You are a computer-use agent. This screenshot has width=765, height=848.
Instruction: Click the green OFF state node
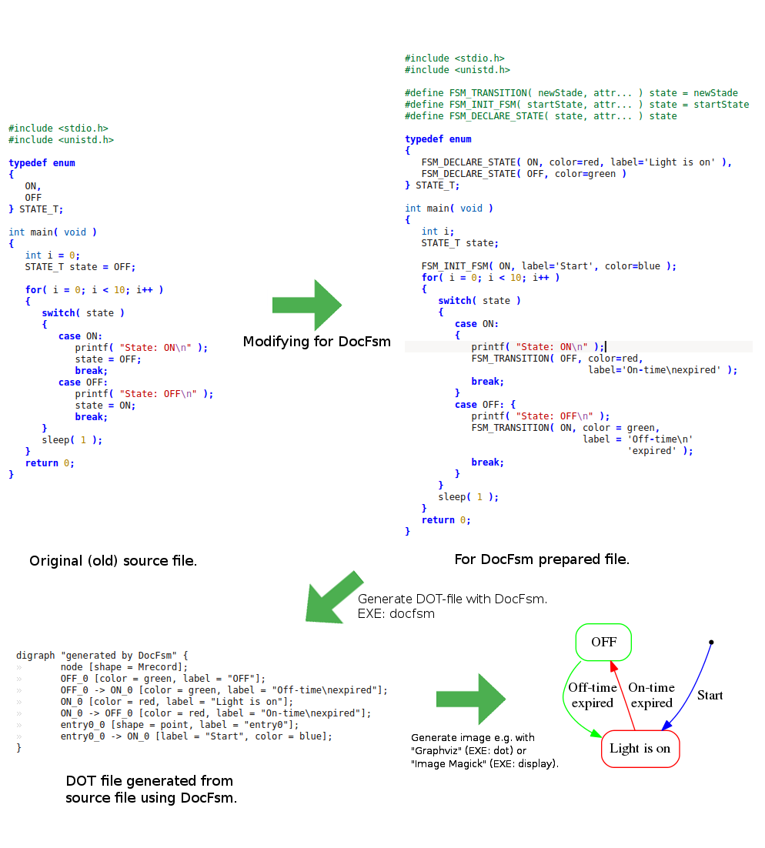tap(603, 642)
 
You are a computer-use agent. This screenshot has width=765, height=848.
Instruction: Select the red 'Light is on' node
tap(640, 748)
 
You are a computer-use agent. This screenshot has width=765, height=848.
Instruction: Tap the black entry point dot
tap(711, 642)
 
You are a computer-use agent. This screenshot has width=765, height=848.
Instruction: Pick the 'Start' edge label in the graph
tap(710, 695)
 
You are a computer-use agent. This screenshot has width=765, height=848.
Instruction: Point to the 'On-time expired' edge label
tap(651, 695)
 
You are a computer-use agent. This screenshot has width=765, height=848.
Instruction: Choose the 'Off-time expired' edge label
tap(592, 695)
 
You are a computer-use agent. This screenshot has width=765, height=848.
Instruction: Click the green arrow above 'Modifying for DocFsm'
tap(307, 305)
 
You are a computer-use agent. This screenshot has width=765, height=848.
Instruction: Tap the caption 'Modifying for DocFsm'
tap(316, 341)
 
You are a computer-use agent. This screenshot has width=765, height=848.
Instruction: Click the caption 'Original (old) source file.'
tap(113, 561)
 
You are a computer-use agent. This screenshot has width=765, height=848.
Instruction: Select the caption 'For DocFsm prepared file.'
tap(542, 559)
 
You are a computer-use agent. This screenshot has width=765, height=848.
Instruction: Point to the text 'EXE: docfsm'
tap(396, 613)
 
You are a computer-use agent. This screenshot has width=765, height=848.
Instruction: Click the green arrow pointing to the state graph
tap(470, 699)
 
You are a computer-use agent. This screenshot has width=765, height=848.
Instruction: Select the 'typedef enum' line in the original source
tap(42, 163)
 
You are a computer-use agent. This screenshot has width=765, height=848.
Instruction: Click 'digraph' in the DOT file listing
tap(35, 656)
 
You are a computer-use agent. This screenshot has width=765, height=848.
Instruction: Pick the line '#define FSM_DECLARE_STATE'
tap(541, 116)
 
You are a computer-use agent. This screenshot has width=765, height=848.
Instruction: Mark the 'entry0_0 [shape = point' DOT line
tap(179, 725)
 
